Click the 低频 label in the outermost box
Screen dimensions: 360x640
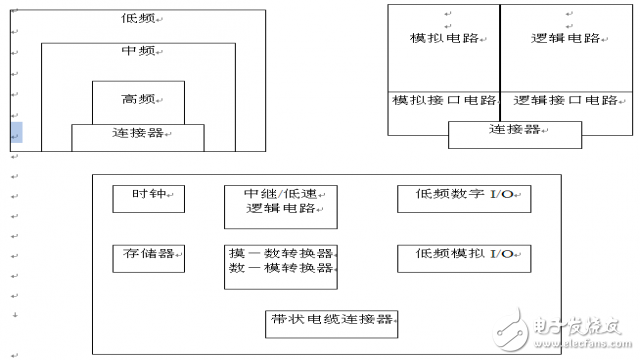(x=138, y=19)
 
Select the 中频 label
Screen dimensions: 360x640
(x=137, y=51)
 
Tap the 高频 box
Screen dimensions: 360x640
(x=137, y=100)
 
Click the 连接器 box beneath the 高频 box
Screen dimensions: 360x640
(x=137, y=134)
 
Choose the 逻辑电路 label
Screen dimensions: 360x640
(x=566, y=38)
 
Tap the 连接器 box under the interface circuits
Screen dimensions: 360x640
(x=514, y=131)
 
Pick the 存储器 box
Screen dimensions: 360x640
(x=148, y=256)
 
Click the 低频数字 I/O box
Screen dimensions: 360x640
(x=463, y=198)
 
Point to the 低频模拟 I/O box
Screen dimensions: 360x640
(x=463, y=256)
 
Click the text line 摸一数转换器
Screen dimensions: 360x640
(x=280, y=254)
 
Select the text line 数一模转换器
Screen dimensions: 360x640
(x=280, y=269)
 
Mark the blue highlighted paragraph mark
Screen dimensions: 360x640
(x=15, y=133)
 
